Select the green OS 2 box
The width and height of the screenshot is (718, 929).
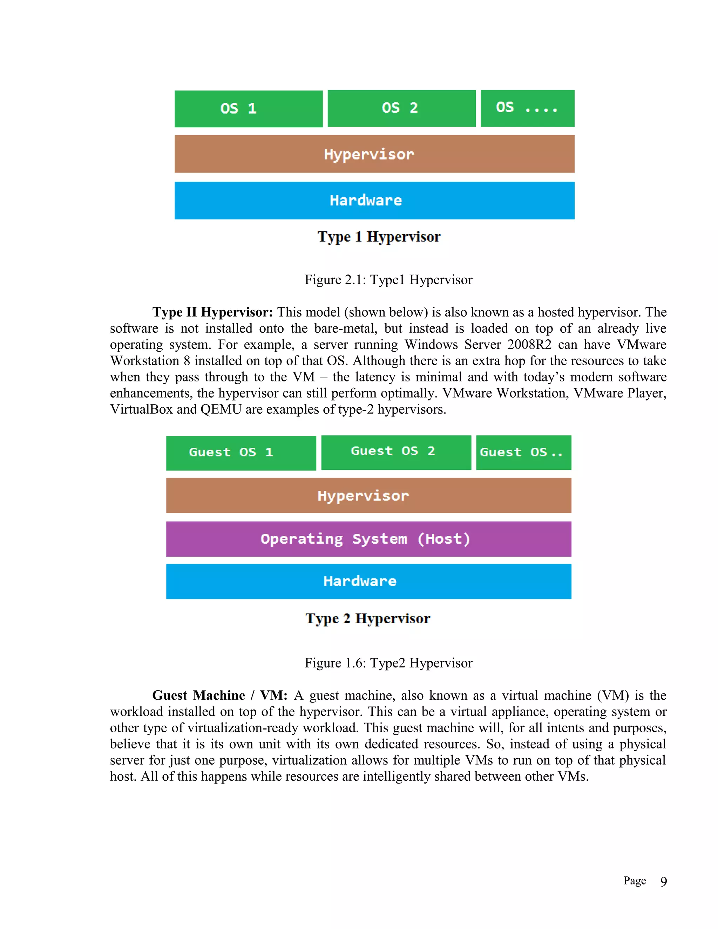(x=401, y=108)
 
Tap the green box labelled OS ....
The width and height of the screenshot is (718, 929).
(x=527, y=108)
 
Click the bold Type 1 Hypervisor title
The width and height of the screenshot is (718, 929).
(x=379, y=237)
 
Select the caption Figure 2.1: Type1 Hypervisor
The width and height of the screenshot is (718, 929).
(x=388, y=280)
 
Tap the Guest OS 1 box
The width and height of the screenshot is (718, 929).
(x=241, y=453)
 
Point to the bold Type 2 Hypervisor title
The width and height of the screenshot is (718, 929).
(x=367, y=618)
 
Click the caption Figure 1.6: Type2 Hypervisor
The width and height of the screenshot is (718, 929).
(x=388, y=663)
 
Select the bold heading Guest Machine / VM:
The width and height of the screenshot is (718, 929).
(x=220, y=696)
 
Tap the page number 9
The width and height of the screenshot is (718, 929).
(x=663, y=882)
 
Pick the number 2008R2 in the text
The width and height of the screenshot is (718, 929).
(x=529, y=345)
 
